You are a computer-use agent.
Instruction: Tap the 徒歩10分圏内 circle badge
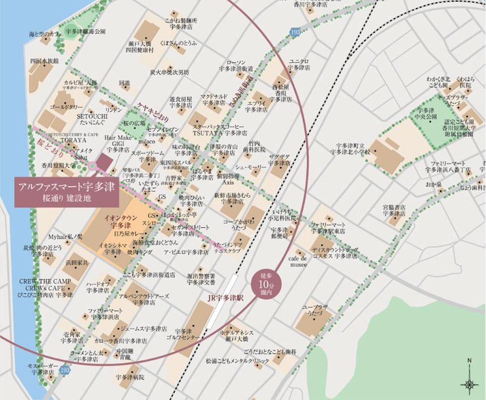263,282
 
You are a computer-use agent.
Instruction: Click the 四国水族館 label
45,61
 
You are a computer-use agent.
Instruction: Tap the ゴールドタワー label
67,107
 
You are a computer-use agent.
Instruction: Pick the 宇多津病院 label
130,377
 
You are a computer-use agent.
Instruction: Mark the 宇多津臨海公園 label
86,31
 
